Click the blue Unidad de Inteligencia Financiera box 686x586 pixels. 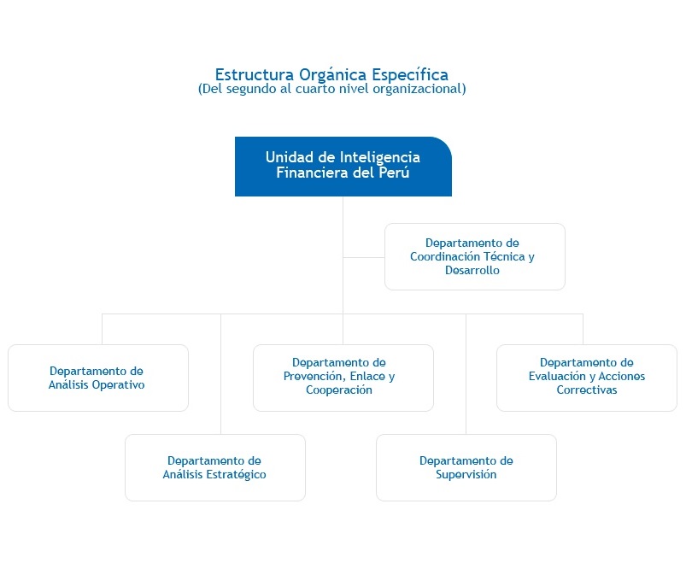[x=343, y=167]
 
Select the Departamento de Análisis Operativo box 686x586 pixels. [x=98, y=378]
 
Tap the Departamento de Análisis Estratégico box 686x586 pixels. [x=215, y=467]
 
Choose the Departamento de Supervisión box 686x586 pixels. [x=466, y=467]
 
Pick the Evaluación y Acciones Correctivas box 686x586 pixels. [x=587, y=378]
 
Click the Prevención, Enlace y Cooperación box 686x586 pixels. [x=343, y=378]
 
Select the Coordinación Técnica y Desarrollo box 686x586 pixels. [x=475, y=257]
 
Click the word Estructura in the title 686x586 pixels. [x=255, y=75]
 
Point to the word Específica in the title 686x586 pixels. [x=410, y=75]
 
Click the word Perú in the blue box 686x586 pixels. [x=394, y=173]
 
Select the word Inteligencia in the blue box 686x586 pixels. [x=380, y=157]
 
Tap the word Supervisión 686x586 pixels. [x=466, y=474]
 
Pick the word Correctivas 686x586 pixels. [x=587, y=390]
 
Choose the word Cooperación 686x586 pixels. [x=339, y=390]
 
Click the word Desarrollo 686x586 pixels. [x=472, y=270]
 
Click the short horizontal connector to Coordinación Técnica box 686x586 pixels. [x=364, y=257]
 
